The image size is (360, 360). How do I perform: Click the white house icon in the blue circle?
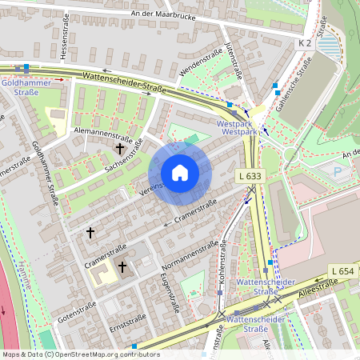[180, 173]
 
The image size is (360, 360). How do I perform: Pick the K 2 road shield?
[305, 42]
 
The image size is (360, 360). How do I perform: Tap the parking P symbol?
[336, 170]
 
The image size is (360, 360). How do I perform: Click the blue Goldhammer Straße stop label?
[26, 86]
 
